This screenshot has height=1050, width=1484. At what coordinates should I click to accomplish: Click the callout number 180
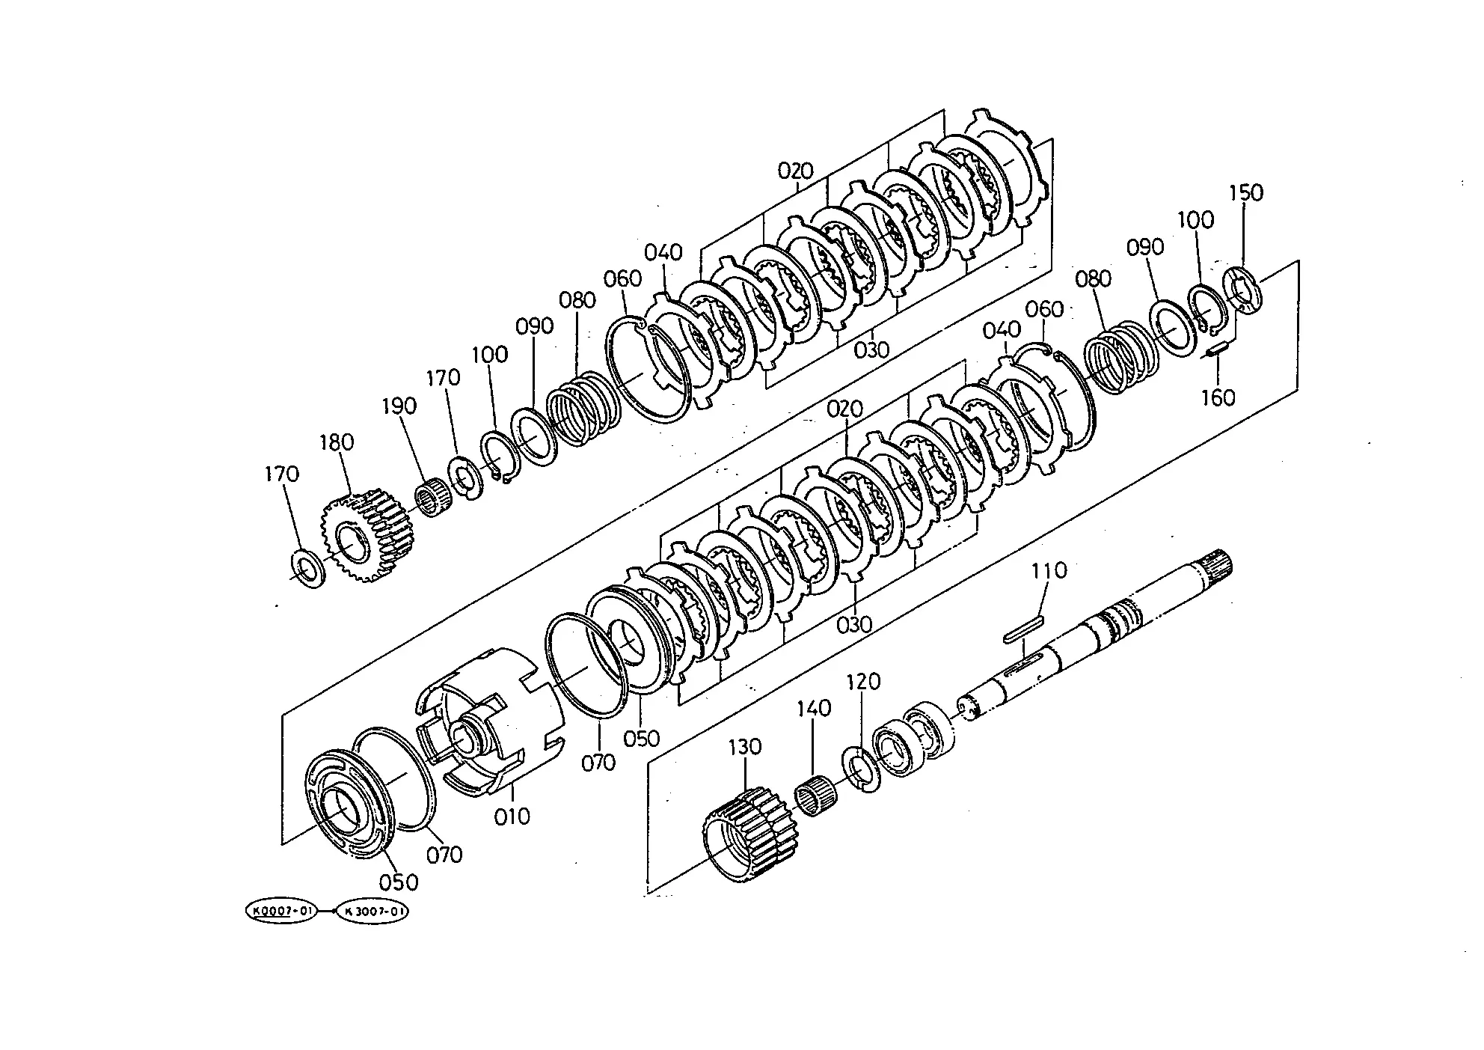pyautogui.click(x=337, y=442)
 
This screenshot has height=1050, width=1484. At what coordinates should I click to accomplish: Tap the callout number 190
pyautogui.click(x=399, y=406)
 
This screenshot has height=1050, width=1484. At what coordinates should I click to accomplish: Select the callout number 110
pyautogui.click(x=1049, y=571)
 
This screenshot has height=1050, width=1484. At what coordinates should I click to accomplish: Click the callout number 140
pyautogui.click(x=814, y=708)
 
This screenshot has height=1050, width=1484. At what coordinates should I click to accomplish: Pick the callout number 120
pyautogui.click(x=863, y=682)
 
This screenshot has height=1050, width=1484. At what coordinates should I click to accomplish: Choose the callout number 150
pyautogui.click(x=1246, y=192)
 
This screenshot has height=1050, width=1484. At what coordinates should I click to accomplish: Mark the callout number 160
pyautogui.click(x=1218, y=397)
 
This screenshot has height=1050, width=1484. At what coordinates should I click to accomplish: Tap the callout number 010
pyautogui.click(x=512, y=816)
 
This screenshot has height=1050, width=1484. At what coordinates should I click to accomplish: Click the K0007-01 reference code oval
pyautogui.click(x=281, y=911)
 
